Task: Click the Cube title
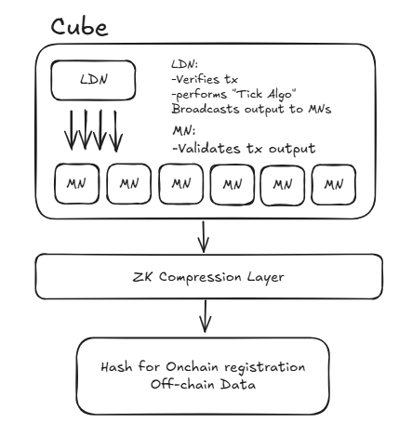pos(80,27)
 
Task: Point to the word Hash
pos(116,367)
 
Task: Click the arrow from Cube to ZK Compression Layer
pos(203,236)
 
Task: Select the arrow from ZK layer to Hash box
pos(205,316)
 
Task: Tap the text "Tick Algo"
pos(266,94)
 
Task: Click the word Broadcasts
pos(206,109)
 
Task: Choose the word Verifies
pos(197,79)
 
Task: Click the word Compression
pos(200,277)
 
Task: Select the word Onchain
pos(192,367)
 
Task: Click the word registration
pos(265,367)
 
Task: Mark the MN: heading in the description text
pos(184,131)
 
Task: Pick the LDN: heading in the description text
pos(185,64)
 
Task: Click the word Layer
pos(266,277)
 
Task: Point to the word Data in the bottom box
pos(238,384)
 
